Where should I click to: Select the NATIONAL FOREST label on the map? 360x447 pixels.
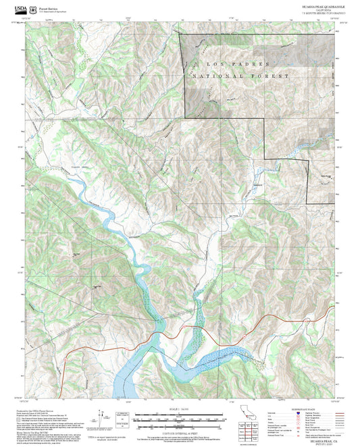240,76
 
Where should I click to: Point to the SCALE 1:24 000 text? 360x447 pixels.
179,409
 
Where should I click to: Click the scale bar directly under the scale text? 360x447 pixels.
179,415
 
